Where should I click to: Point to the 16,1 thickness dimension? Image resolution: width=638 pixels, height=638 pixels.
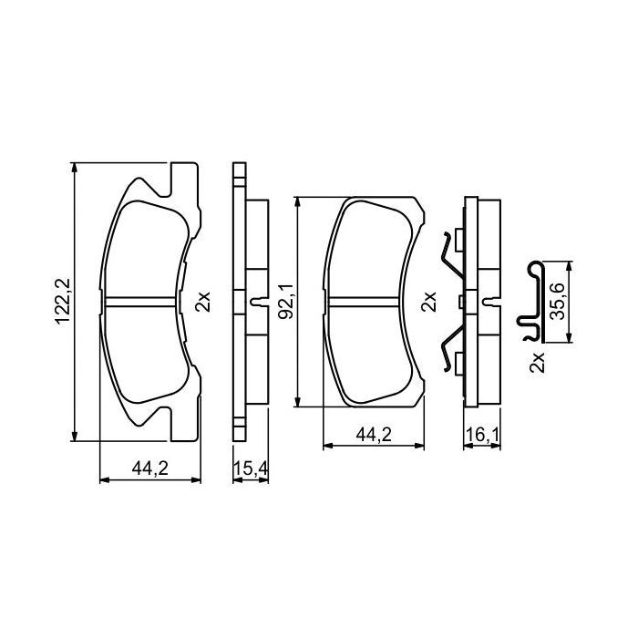(483, 437)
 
